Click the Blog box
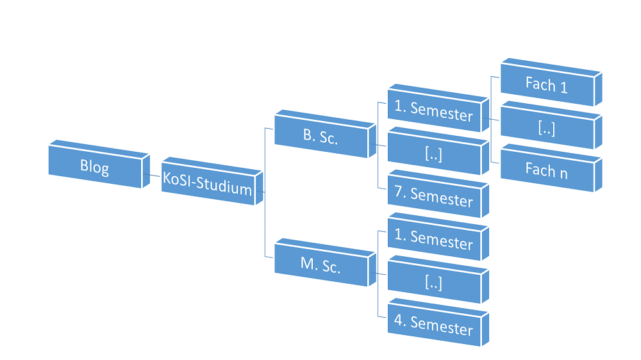(95, 167)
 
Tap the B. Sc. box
(320, 137)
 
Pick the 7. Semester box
(433, 197)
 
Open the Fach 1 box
(546, 85)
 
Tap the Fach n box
(546, 170)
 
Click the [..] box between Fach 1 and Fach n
(546, 127)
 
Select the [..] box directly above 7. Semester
(433, 154)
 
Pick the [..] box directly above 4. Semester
(433, 282)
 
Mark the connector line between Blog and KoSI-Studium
(152, 175)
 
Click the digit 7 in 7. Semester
(399, 192)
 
